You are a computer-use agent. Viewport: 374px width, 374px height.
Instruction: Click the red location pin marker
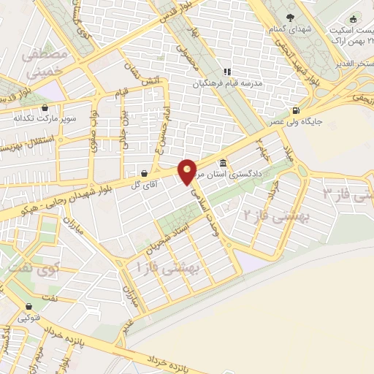click(188, 171)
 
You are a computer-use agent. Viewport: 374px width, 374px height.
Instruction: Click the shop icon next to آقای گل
click(144, 173)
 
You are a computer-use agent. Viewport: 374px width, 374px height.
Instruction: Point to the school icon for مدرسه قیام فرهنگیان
click(226, 72)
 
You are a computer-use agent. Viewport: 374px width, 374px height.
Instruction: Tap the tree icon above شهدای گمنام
click(291, 17)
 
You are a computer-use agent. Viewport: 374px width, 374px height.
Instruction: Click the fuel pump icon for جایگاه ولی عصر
click(296, 110)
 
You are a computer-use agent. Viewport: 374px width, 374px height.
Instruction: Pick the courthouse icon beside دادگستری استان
click(222, 163)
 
